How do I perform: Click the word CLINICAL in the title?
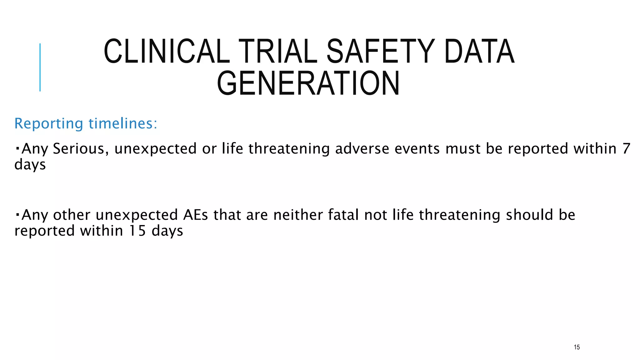click(167, 51)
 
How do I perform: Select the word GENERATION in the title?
click(308, 83)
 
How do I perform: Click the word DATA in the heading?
click(479, 51)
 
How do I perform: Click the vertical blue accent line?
click(40, 67)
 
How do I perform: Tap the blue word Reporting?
click(49, 124)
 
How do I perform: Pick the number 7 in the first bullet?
click(626, 148)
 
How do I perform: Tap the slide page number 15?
click(577, 347)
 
